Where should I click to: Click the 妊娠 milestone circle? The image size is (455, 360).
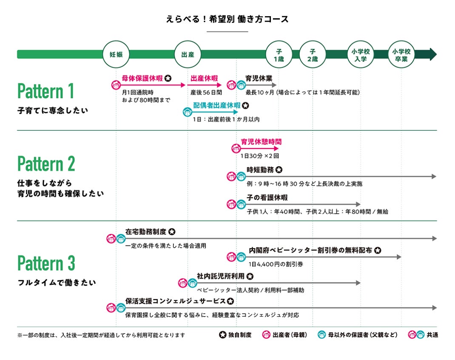pos(116,54)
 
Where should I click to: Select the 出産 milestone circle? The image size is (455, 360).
pos(188,54)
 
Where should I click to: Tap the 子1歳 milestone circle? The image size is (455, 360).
pos(279,54)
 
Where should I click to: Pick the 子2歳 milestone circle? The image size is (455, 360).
pos(313,54)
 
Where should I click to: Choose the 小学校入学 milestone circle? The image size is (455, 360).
pos(361,54)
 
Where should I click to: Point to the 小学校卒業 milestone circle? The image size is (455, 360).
pos(402,54)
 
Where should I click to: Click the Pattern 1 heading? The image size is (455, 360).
pos(45,91)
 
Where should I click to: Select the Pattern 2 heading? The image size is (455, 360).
pos(46,164)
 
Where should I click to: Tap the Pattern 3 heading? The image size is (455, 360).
pos(46,263)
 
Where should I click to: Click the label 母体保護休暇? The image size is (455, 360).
pos(142,78)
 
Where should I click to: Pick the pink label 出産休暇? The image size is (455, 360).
pos(204,78)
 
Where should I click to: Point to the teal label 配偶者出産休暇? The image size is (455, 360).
pos(217,105)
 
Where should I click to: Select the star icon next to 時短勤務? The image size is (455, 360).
pos(279,170)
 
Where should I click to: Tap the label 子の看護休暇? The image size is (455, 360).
pos(267,198)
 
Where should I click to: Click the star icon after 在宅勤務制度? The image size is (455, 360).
pos(172,232)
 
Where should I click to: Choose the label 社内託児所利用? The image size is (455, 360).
pos(220,276)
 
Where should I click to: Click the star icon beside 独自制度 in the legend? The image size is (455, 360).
pos(222,335)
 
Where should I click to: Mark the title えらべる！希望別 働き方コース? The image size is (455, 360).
pos(227,19)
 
